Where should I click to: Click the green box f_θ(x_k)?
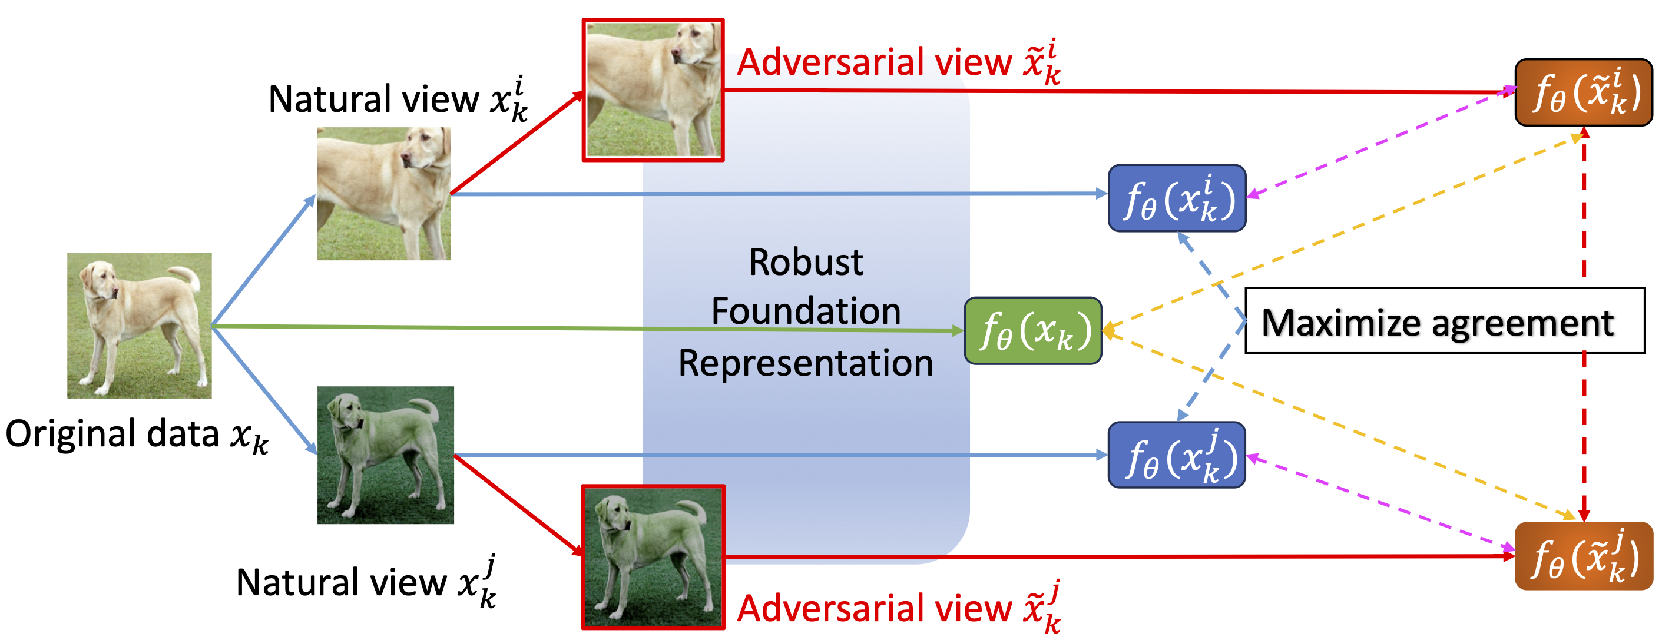point(1033,331)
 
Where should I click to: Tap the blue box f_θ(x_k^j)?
point(1177,456)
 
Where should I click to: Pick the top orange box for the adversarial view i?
point(1583,92)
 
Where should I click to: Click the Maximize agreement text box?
point(1444,321)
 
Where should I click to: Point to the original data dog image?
point(140,325)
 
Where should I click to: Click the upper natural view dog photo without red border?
point(384,194)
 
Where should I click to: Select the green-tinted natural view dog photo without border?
point(386,455)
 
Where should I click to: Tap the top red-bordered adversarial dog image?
point(653,90)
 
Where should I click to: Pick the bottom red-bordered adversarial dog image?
point(653,557)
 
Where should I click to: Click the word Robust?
point(806,263)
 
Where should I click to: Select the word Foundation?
point(806,311)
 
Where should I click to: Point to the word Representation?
point(806,363)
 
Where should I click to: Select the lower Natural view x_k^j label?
point(366,582)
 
